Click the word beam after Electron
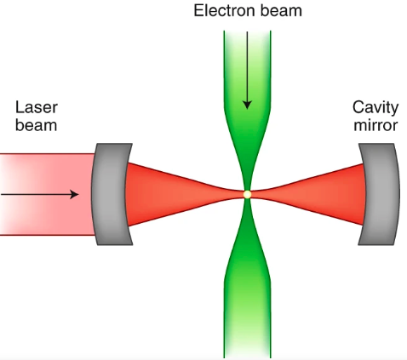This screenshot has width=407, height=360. (279, 11)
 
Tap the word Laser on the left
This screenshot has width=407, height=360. (36, 109)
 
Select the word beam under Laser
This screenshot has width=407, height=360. (36, 128)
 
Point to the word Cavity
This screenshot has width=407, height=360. (375, 109)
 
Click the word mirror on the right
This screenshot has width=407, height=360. (375, 128)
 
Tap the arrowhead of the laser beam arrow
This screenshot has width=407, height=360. (75, 195)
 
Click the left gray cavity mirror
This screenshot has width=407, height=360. (108, 195)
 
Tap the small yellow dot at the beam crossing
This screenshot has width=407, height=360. (247, 195)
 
